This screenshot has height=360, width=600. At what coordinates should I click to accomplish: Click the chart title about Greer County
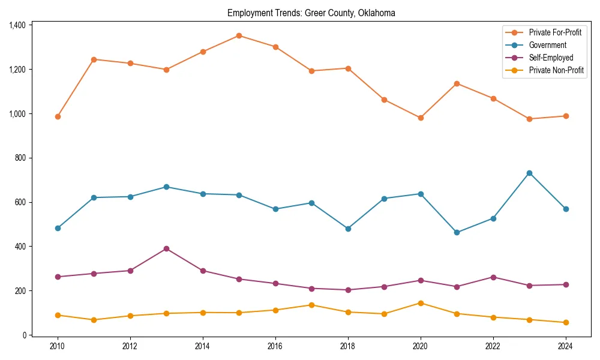(x=311, y=13)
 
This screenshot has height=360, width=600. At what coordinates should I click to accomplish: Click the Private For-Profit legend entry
(x=555, y=32)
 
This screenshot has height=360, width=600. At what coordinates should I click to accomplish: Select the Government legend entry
(x=547, y=45)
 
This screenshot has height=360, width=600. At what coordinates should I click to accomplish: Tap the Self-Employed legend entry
(x=551, y=58)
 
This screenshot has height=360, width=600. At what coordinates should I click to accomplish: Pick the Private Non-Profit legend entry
(x=556, y=70)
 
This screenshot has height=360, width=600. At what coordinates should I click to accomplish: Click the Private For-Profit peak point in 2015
(x=239, y=35)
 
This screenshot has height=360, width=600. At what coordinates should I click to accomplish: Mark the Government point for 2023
(x=529, y=173)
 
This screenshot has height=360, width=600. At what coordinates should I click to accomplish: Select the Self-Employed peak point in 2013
(x=166, y=248)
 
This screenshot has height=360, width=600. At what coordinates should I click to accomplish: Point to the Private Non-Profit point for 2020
(x=421, y=303)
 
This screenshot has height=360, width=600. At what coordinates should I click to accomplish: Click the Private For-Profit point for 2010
(x=58, y=116)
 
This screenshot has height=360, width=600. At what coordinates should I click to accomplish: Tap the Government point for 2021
(x=457, y=232)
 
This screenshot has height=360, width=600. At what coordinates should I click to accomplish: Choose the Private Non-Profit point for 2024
(x=566, y=322)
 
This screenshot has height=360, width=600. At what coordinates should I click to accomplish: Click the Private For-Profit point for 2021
(x=457, y=83)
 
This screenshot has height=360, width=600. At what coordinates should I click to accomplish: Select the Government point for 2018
(x=348, y=229)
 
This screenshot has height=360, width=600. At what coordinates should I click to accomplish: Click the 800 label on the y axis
(x=20, y=158)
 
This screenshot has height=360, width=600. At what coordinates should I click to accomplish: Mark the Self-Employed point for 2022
(x=493, y=277)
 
